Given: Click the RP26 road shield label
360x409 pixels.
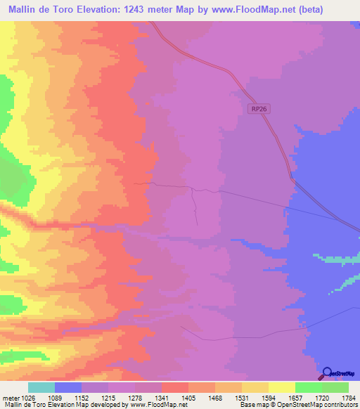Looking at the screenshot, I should tap(259, 109).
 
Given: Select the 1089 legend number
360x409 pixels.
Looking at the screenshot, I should tap(67, 397).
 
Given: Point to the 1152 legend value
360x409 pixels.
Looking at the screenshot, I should tap(94, 397).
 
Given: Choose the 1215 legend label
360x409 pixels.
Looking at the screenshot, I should tap(121, 397).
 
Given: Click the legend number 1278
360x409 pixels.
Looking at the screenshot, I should tap(148, 397).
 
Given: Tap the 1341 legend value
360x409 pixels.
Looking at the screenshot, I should tap(174, 397).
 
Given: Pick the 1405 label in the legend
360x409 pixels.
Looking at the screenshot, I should tap(202, 397).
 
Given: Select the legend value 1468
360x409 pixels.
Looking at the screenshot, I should tap(229, 397).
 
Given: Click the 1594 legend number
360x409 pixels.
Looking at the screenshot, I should tap(282, 397).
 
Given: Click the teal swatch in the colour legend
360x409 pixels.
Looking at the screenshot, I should tap(41, 387).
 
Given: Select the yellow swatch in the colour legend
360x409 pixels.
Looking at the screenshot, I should tap(282, 387).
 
